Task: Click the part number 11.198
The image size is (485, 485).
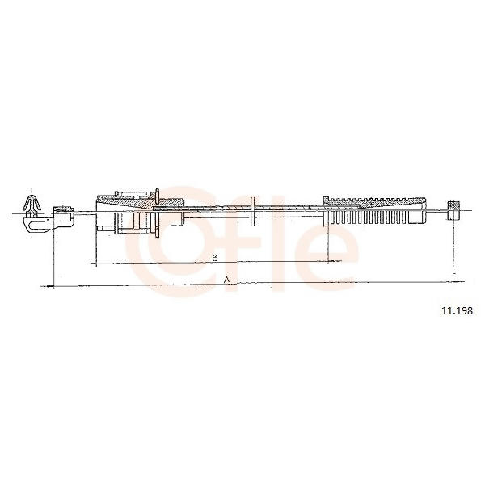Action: click(457, 310)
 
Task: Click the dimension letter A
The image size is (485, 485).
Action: click(226, 280)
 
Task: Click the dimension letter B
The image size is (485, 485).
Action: click(215, 258)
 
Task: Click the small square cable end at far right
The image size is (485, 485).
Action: click(453, 210)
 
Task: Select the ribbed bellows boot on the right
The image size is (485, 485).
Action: click(374, 210)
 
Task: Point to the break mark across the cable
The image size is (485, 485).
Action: click(253, 210)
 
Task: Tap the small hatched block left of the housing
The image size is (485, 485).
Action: click(64, 209)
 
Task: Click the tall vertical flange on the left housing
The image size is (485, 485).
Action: click(157, 213)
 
